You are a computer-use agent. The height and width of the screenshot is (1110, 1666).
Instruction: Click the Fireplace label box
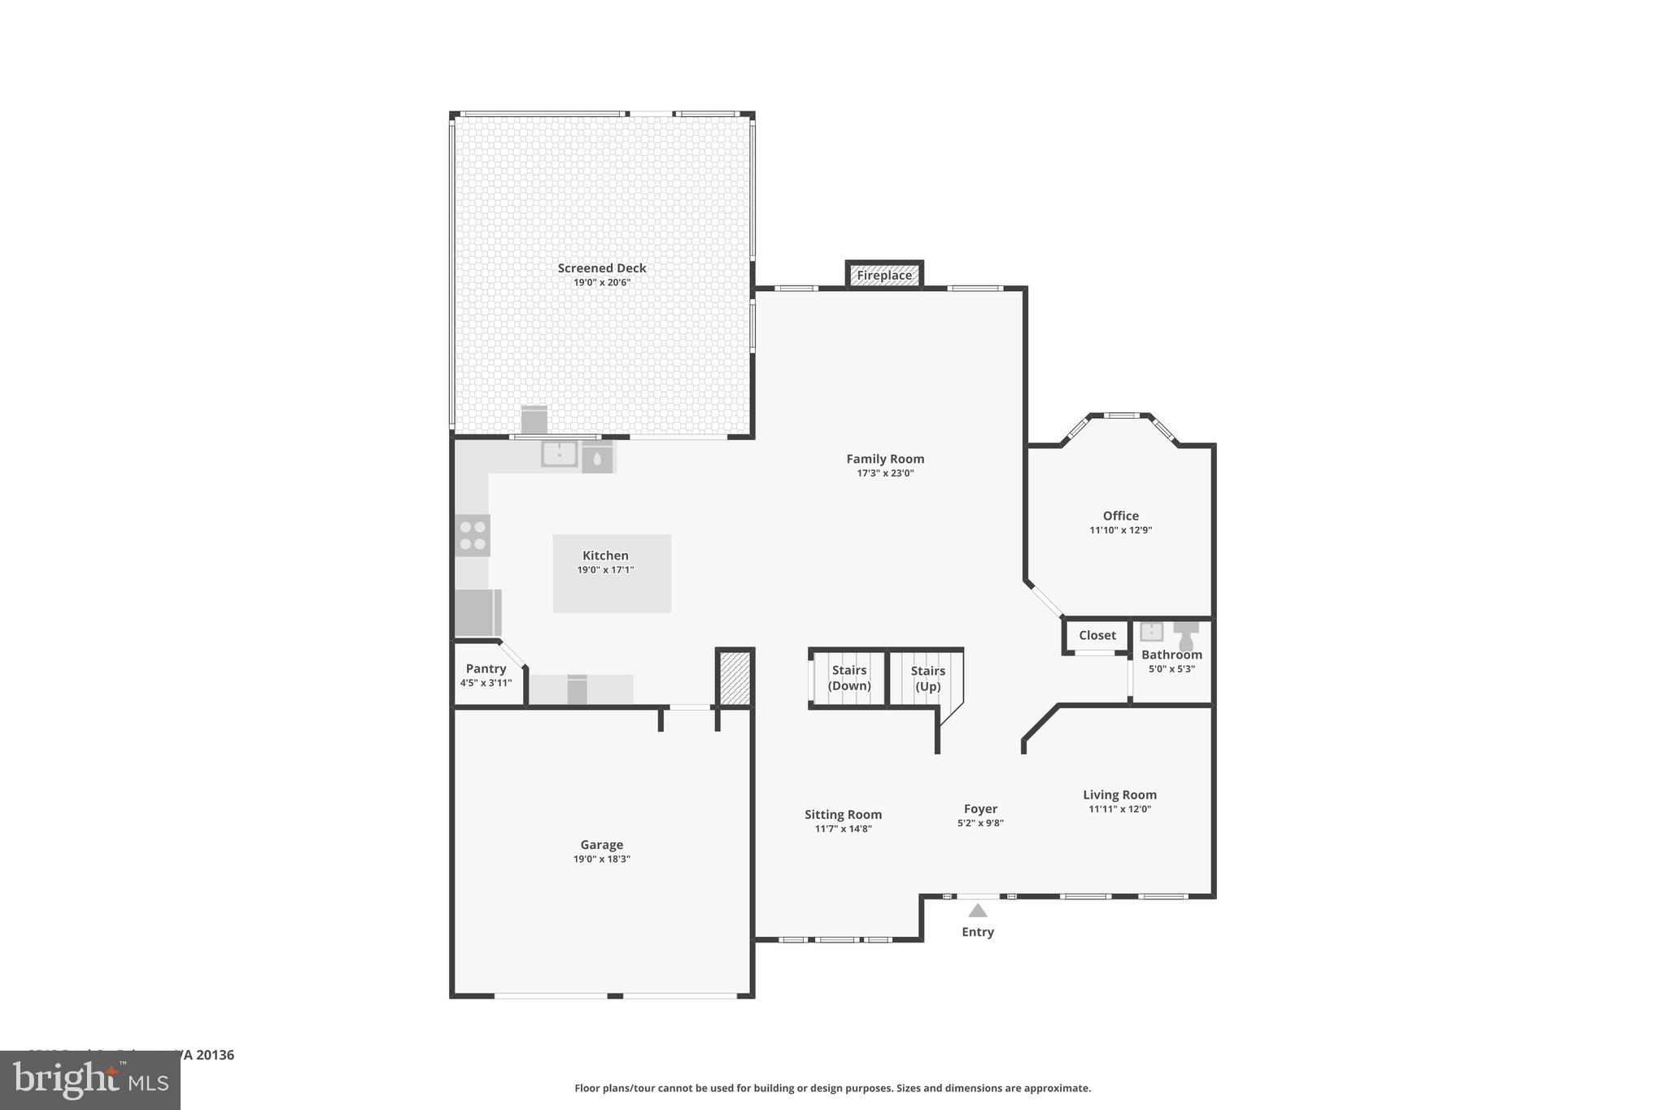pos(884,275)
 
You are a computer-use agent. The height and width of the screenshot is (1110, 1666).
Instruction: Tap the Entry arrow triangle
pos(978,911)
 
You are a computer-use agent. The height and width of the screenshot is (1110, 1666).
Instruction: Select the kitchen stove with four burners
pos(473,535)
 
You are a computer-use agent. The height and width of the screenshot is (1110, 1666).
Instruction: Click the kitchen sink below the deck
pos(560,454)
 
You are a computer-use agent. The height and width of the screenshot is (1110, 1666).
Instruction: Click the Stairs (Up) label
pos(927,678)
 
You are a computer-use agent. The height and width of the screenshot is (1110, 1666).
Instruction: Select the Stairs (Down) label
pos(849,677)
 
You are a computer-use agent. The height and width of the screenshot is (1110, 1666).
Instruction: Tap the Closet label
pos(1097,635)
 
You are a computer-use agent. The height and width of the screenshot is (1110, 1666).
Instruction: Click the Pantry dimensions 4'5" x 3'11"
pos(486,683)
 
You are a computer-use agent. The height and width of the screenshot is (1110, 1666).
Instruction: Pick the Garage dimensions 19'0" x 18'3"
pos(601,859)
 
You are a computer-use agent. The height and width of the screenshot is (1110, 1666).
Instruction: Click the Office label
pos(1120,516)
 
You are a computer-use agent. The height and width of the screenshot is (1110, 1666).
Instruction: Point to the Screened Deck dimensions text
pos(602,283)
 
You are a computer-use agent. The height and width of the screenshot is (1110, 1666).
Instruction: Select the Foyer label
pos(980,808)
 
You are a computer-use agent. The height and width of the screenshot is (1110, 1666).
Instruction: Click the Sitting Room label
pos(843,814)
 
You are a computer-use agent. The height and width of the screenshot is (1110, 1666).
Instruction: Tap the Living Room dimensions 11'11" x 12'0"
pos(1119,809)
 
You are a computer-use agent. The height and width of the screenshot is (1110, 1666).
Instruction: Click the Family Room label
pos(885,459)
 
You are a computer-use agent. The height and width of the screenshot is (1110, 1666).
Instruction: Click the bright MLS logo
pos(90,1081)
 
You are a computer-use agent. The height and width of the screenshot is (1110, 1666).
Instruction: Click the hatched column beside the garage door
pos(735,677)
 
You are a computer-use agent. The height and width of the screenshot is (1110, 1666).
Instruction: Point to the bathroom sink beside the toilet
pos(1151,632)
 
